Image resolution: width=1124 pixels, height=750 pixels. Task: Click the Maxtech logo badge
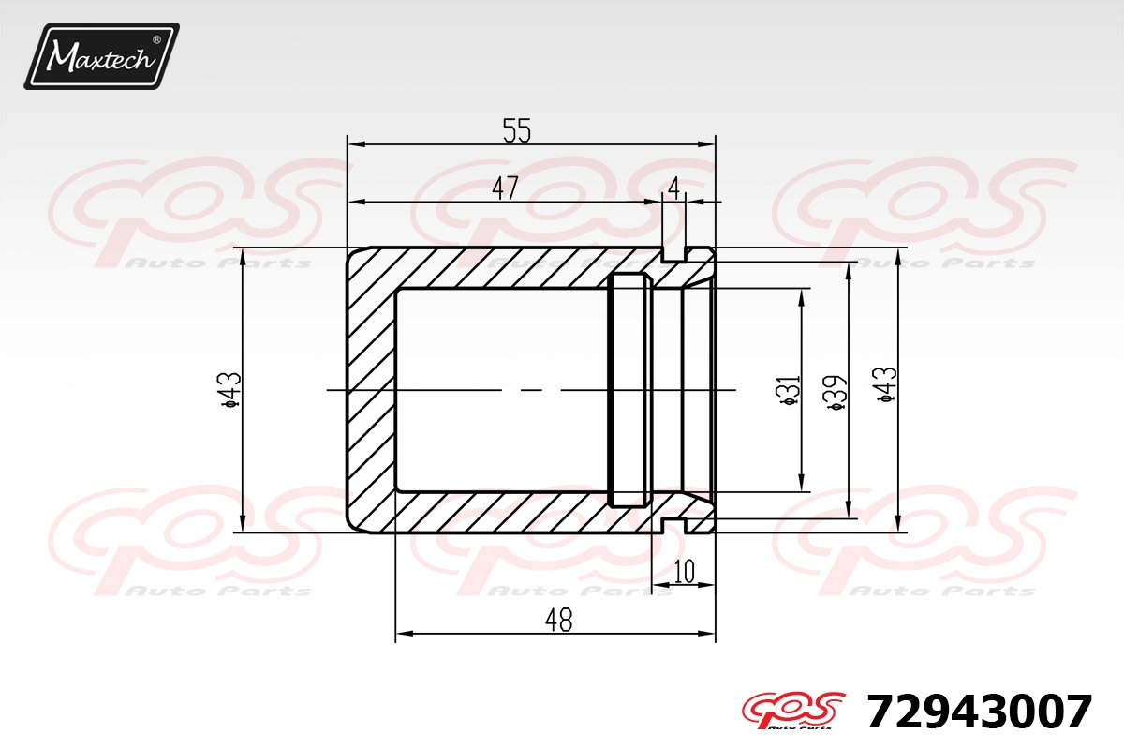102,56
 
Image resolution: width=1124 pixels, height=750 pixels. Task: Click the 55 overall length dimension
517,130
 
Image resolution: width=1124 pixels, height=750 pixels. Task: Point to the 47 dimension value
505,188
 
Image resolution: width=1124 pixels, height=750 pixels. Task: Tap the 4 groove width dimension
673,188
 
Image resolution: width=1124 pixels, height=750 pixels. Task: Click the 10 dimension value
684,571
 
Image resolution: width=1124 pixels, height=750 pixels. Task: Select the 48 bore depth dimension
558,620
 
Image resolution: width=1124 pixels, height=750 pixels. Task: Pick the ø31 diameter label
791,390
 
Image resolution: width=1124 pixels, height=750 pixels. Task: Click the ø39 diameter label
836,391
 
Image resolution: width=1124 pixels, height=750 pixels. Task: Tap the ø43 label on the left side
230,390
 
